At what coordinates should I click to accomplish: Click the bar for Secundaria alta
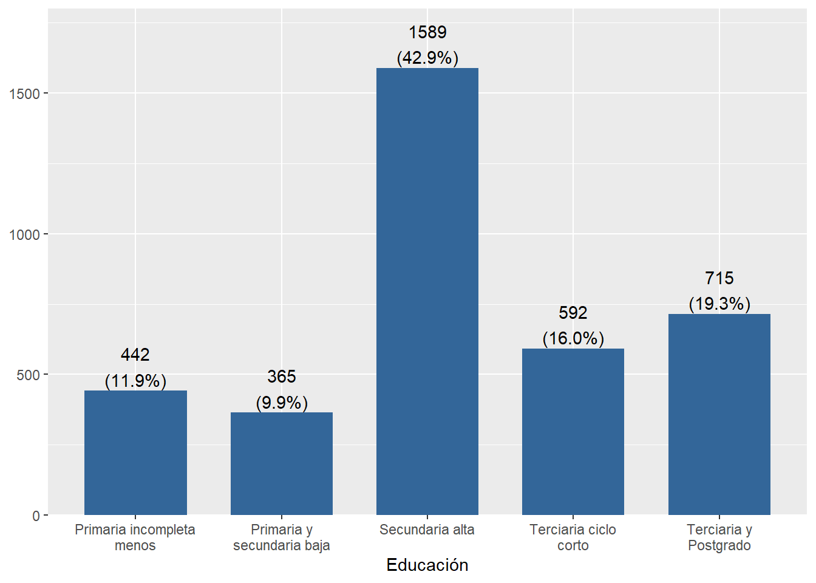tap(427, 291)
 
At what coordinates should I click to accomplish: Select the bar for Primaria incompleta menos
tap(135, 452)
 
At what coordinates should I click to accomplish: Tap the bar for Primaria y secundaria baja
tap(281, 463)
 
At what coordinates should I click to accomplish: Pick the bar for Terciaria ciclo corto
tap(573, 431)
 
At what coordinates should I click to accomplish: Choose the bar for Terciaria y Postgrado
tap(719, 414)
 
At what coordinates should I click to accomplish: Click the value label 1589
tap(427, 32)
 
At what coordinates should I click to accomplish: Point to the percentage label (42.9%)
tap(427, 58)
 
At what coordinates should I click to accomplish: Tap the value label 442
tap(135, 355)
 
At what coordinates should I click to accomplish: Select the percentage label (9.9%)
tap(282, 403)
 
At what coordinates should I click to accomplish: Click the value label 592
tap(573, 313)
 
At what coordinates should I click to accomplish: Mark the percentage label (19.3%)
tap(719, 304)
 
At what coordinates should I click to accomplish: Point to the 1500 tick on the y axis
tap(24, 94)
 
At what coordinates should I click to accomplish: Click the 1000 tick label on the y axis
tap(24, 234)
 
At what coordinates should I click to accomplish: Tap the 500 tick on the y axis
tap(28, 375)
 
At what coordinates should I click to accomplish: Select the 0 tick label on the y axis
tap(36, 516)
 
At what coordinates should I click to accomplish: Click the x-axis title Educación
tap(427, 565)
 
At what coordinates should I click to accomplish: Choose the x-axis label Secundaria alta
tap(427, 530)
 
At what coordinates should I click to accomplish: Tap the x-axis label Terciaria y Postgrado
tap(719, 537)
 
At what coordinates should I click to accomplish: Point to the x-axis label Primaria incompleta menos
tap(135, 537)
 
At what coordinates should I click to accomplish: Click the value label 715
tap(719, 278)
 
